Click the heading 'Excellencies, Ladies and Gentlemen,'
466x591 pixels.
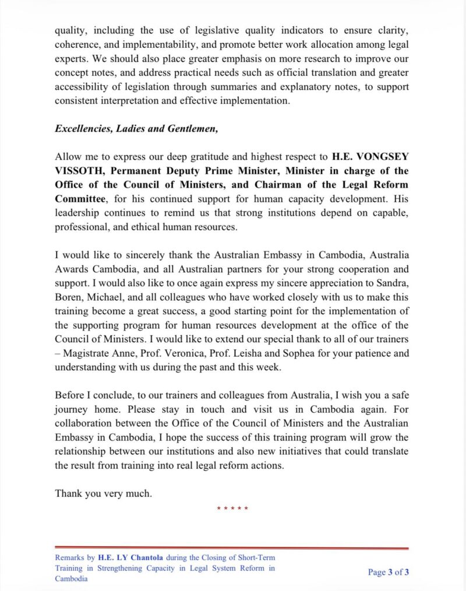(136, 129)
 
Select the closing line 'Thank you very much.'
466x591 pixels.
(103, 493)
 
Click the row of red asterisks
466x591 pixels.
(232, 509)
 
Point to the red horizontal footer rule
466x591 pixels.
(232, 548)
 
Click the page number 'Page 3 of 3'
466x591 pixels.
(388, 572)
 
